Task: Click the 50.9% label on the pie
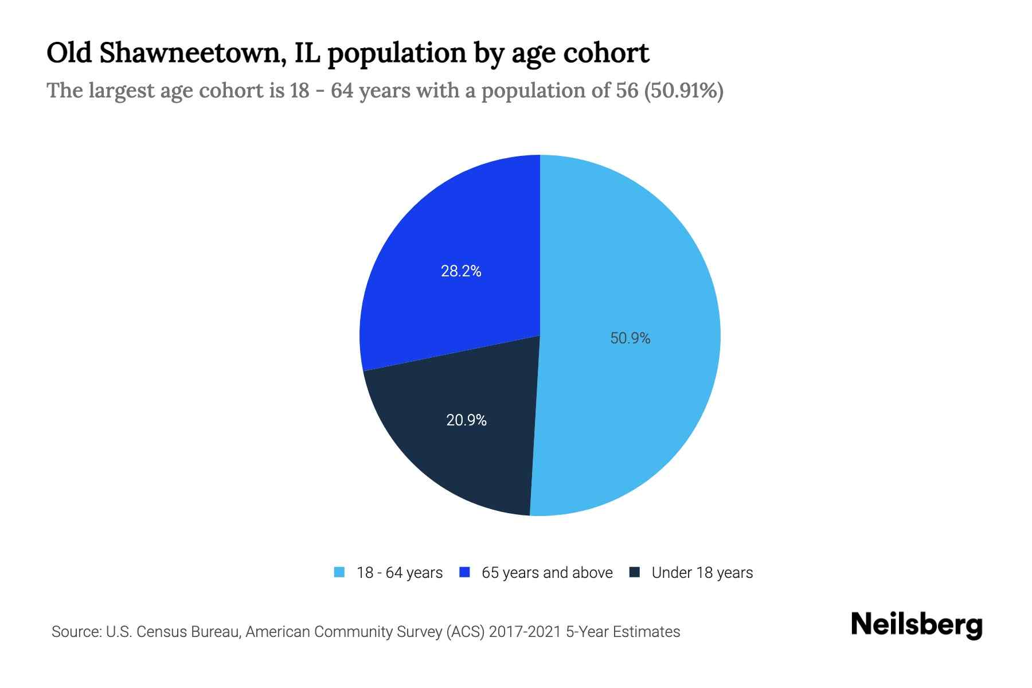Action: (x=630, y=338)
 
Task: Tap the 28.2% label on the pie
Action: (x=461, y=271)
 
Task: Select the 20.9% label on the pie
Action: (x=466, y=420)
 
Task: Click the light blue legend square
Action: (x=339, y=572)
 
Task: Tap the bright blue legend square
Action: (x=464, y=572)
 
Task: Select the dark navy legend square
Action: (x=634, y=572)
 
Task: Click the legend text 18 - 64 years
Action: (x=400, y=573)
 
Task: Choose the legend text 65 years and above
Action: (x=547, y=573)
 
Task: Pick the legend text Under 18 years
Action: (x=702, y=573)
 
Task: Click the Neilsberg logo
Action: (x=916, y=625)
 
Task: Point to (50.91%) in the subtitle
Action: (x=683, y=91)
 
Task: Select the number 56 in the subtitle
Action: (x=627, y=91)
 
